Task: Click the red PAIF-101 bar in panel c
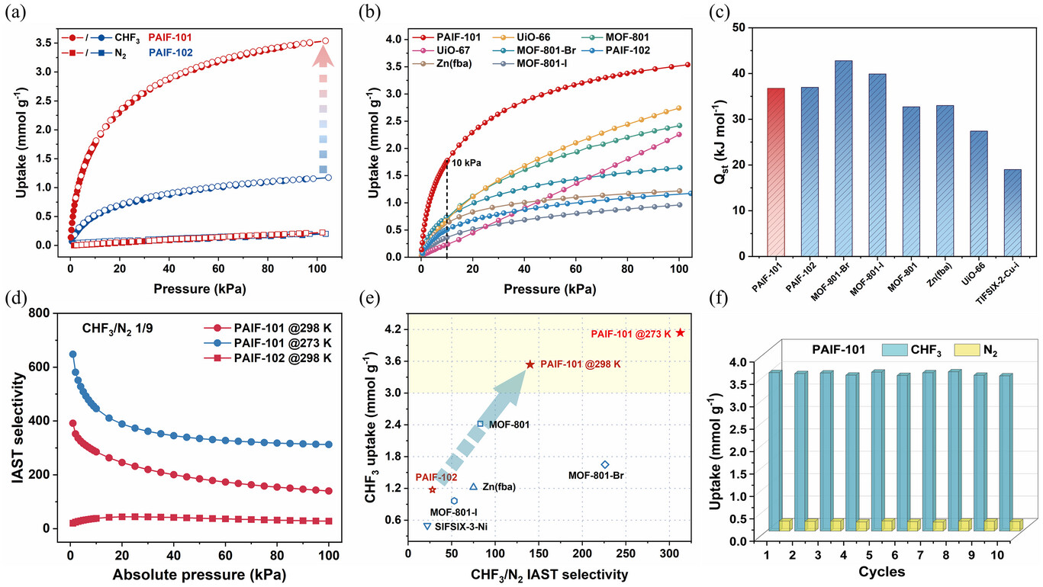click(776, 172)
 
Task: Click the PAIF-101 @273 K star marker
click(680, 332)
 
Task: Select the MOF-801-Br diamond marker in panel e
click(605, 464)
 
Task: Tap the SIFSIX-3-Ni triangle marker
click(427, 526)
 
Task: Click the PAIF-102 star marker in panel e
click(433, 489)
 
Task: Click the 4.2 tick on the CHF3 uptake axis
click(394, 329)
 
